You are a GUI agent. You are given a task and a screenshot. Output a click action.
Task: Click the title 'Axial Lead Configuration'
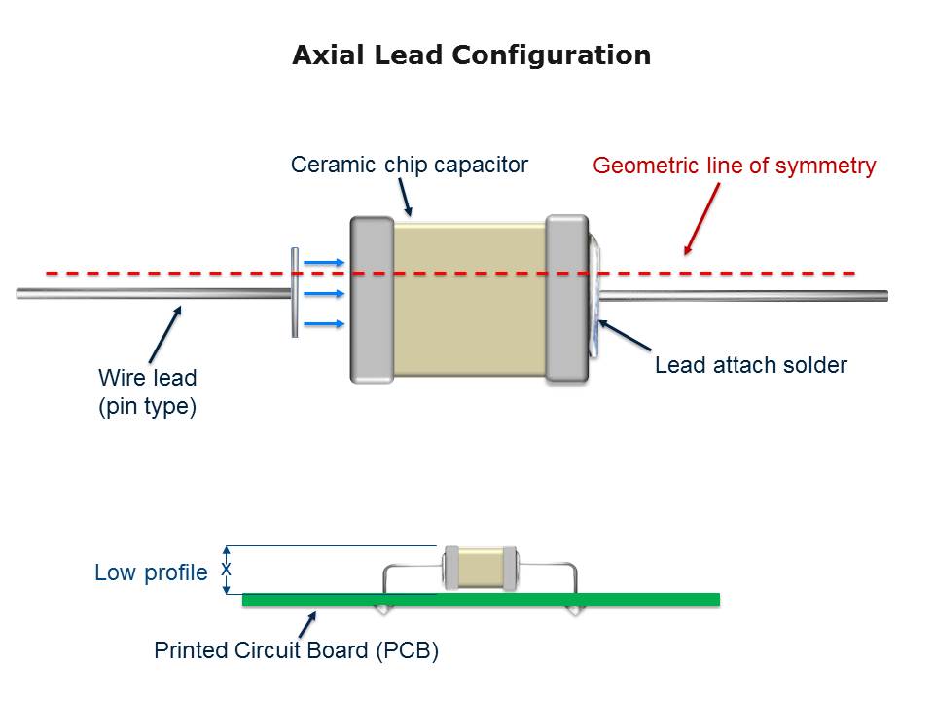(472, 55)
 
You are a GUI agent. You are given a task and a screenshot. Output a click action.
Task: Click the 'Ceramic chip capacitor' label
(409, 165)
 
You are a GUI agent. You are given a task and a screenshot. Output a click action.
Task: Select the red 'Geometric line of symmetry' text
(735, 166)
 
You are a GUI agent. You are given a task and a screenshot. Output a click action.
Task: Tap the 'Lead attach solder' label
(750, 366)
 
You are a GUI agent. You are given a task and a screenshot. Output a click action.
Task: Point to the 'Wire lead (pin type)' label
(148, 391)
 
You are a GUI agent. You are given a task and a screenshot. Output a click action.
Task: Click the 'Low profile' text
(151, 572)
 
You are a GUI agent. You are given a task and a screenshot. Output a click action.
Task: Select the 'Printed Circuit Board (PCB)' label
(297, 650)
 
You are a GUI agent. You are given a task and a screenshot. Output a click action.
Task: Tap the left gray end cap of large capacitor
(371, 300)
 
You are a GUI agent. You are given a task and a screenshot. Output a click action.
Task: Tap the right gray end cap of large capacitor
(567, 298)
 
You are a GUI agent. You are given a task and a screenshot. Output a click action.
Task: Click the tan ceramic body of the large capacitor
(469, 298)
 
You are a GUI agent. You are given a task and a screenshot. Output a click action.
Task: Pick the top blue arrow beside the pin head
(324, 262)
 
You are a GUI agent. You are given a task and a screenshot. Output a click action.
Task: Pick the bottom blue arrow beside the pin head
(324, 323)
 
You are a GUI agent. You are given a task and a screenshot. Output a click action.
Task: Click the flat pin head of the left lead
(295, 292)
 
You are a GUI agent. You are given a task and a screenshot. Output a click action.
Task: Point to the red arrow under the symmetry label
(701, 219)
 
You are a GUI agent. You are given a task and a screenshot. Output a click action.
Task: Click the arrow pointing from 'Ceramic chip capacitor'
(406, 199)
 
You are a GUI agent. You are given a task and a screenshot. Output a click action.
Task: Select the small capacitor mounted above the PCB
(479, 568)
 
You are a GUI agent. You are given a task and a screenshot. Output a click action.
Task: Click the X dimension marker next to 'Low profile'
(227, 569)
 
